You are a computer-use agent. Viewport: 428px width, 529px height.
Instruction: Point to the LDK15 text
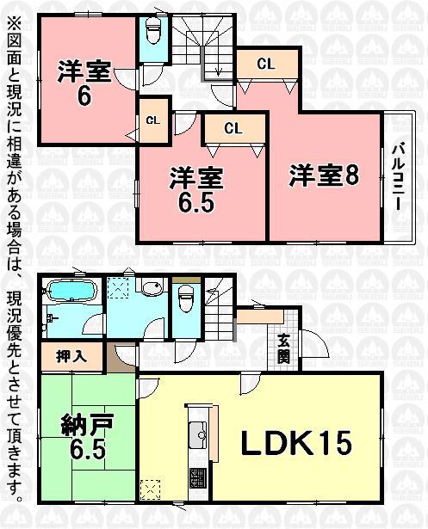(x=295, y=444)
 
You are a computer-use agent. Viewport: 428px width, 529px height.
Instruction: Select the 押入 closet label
(x=71, y=356)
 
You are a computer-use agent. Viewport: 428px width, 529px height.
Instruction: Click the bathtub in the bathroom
(x=71, y=294)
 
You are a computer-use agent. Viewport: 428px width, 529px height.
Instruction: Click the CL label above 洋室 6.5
(x=233, y=128)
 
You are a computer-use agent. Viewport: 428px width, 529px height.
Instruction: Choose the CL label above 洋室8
(x=266, y=64)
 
